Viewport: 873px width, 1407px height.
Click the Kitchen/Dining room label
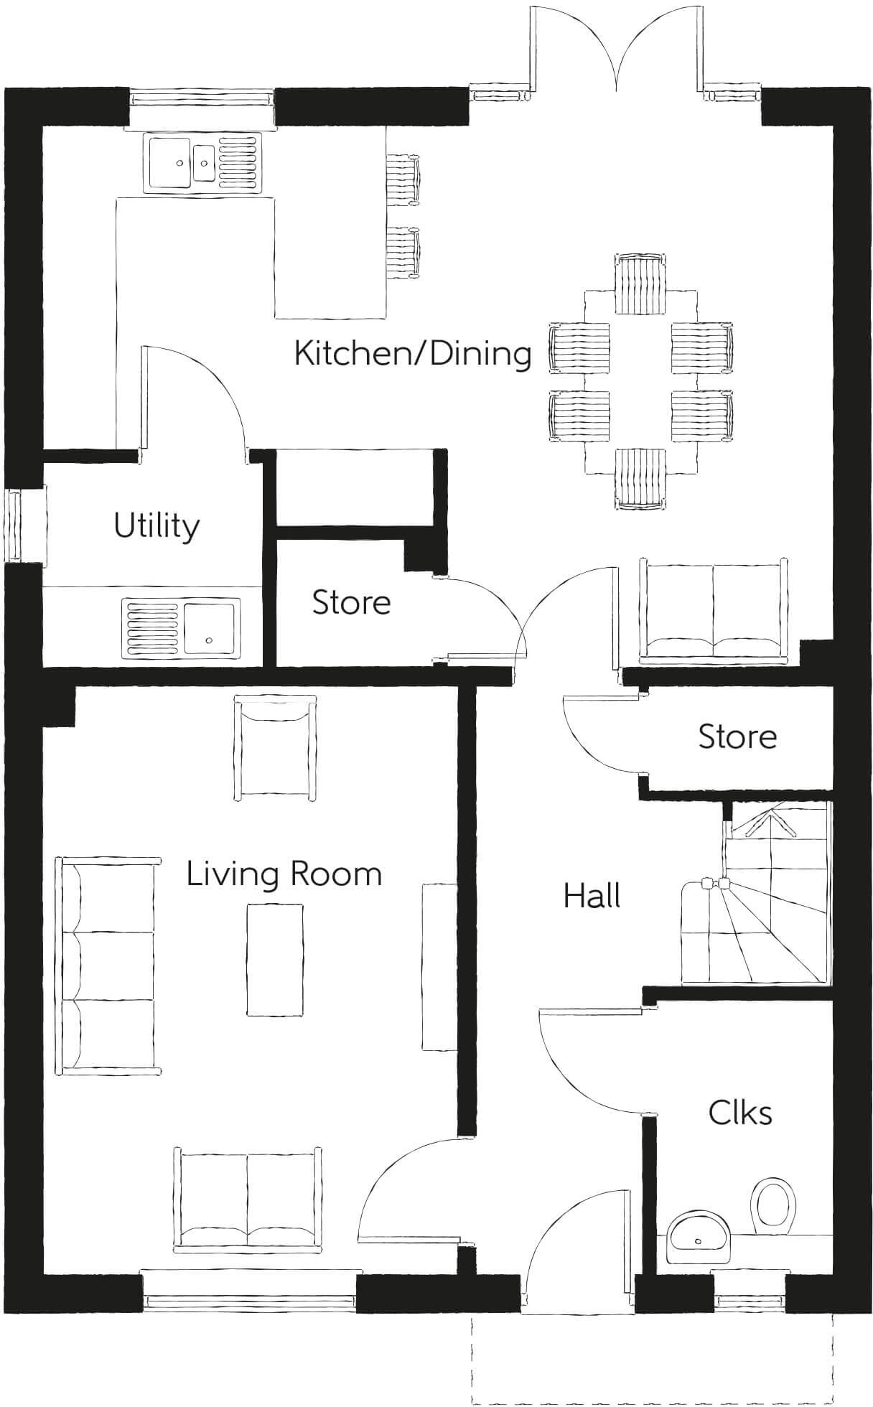[413, 354]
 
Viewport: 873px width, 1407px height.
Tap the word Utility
[157, 525]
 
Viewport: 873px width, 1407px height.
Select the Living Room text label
[284, 874]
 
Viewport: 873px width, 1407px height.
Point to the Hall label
[592, 896]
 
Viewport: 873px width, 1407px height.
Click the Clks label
[739, 1113]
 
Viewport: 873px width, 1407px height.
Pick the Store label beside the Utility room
[351, 602]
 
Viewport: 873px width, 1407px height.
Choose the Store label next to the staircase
[737, 737]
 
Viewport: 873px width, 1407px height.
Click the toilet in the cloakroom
[774, 1201]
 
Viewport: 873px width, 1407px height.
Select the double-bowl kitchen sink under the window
[204, 162]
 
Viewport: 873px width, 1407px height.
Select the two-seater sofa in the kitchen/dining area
[714, 609]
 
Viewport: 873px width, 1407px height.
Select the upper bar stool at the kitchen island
[403, 180]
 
